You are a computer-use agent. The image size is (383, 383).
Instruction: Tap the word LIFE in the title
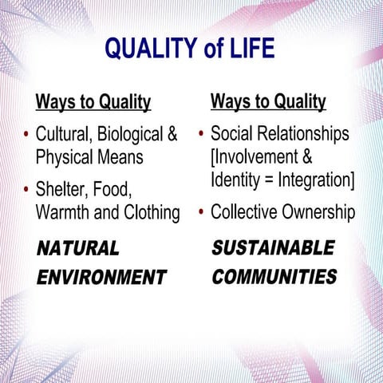(249, 49)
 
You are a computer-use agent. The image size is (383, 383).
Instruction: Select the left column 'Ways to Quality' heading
(93, 103)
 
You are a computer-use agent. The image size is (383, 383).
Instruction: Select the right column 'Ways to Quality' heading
(268, 102)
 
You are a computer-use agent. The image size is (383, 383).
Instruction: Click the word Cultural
(66, 132)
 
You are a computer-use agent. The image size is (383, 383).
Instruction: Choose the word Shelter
(62, 189)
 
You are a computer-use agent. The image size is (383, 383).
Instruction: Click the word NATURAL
(78, 248)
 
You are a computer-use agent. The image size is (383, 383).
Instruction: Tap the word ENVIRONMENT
(101, 278)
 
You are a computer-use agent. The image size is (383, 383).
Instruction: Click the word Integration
(314, 180)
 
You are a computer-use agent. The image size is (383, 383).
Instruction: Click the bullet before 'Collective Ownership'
(203, 213)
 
